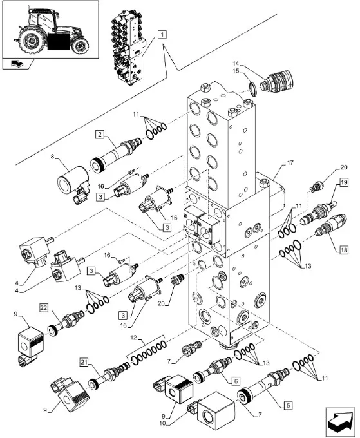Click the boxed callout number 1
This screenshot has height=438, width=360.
pyautogui.click(x=162, y=35)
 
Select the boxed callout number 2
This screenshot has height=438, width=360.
pyautogui.click(x=100, y=135)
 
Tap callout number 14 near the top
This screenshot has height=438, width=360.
pyautogui.click(x=236, y=64)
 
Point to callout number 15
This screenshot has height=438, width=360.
pyautogui.click(x=236, y=71)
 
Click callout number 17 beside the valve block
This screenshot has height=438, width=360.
pyautogui.click(x=290, y=162)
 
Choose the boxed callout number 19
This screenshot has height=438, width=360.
pyautogui.click(x=344, y=182)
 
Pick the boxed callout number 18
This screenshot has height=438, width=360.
pyautogui.click(x=344, y=250)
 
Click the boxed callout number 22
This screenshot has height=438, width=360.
pyautogui.click(x=44, y=307)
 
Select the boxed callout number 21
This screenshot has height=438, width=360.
pyautogui.click(x=84, y=362)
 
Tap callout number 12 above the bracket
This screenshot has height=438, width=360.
pyautogui.click(x=134, y=338)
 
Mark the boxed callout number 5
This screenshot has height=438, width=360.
pyautogui.click(x=288, y=405)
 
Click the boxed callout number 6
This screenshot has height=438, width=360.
pyautogui.click(x=236, y=381)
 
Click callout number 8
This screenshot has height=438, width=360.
pyautogui.click(x=52, y=156)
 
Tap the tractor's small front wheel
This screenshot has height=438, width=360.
pyautogui.click(x=80, y=45)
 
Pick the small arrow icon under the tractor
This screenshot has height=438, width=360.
pyautogui.click(x=17, y=64)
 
